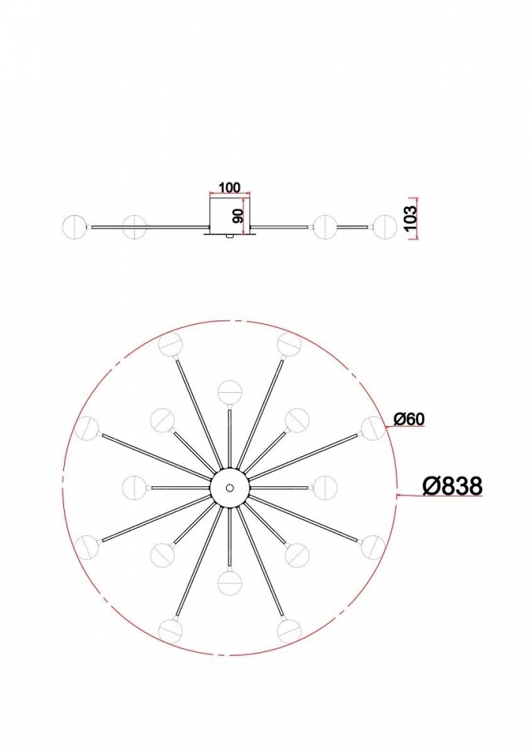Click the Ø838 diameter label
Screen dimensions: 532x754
[452, 486]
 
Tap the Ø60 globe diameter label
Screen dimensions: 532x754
[409, 419]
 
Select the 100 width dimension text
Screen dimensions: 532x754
[229, 187]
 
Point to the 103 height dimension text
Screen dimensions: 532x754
[411, 218]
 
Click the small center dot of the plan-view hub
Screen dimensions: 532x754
[230, 488]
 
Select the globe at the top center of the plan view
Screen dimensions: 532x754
[230, 392]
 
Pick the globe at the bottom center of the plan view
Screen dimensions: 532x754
[230, 582]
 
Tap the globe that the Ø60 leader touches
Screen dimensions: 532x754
[374, 428]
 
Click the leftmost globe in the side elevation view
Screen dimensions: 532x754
[75, 226]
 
